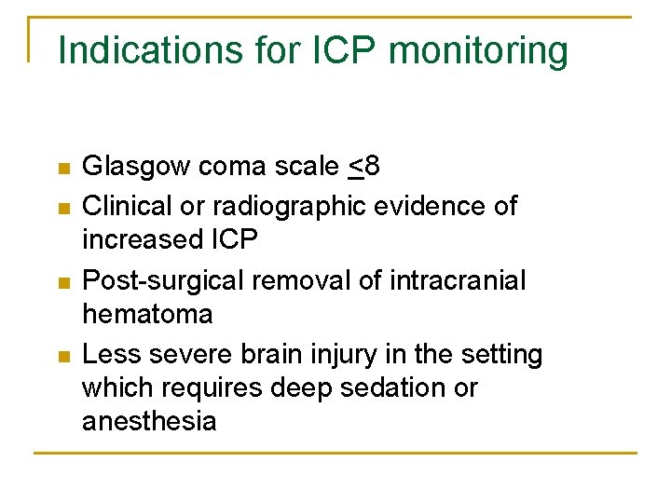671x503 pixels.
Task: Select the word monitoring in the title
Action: coord(477,50)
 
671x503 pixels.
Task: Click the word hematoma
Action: coord(147,315)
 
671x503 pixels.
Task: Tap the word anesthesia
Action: coord(149,422)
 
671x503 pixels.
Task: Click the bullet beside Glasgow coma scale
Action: coord(63,170)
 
